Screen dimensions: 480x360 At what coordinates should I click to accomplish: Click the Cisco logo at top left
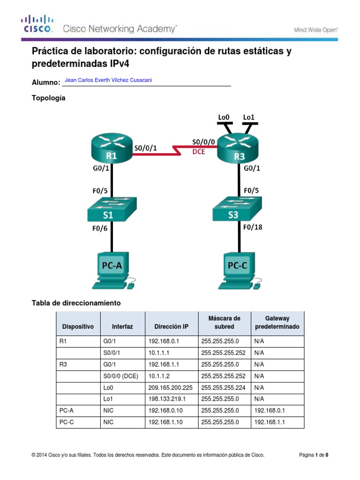pos(37,24)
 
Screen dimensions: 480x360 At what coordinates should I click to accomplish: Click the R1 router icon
pos(111,147)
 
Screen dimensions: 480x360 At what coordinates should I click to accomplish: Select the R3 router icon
pos(239,147)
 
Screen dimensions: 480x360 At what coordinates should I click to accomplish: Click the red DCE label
pos(199,152)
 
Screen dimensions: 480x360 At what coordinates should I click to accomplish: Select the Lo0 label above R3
pos(225,117)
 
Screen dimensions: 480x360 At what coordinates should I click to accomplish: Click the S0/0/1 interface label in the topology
pos(145,148)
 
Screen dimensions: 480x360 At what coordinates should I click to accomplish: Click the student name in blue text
pos(108,80)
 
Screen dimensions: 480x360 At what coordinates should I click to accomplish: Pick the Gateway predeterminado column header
pos(277,322)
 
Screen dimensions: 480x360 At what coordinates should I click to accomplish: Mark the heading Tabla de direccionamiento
pos(76,303)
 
